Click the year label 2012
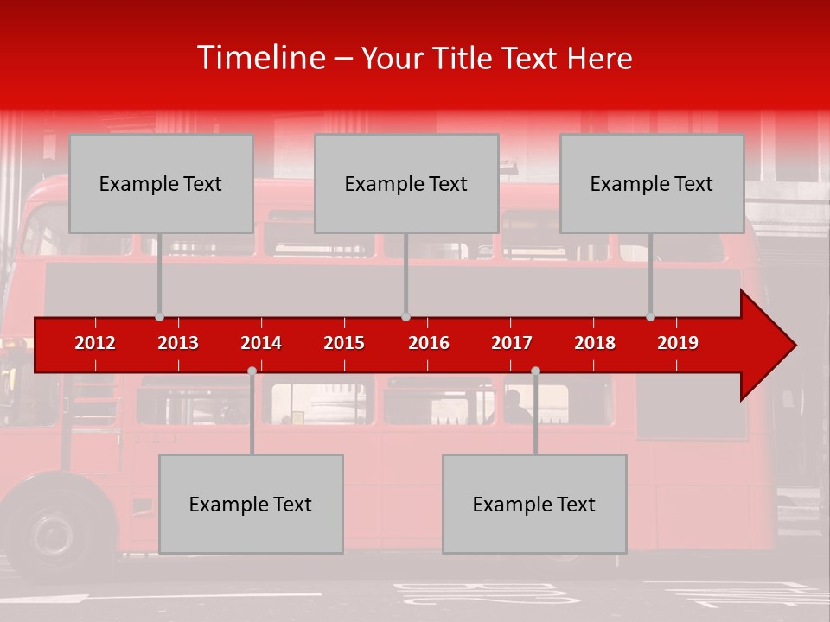tap(95, 343)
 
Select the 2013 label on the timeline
tap(178, 343)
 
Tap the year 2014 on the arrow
tap(261, 343)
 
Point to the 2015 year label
tap(344, 343)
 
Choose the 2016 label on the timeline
tap(429, 343)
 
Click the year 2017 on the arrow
tap(512, 343)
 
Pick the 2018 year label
tap(595, 343)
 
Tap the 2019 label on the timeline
tap(678, 343)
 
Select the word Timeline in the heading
tap(260, 58)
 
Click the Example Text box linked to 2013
tap(161, 183)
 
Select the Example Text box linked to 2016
tap(406, 183)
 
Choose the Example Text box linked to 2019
tap(652, 183)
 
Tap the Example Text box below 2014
tap(251, 504)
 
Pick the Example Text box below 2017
tap(534, 504)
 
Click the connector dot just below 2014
tap(252, 371)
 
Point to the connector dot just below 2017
tap(535, 371)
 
